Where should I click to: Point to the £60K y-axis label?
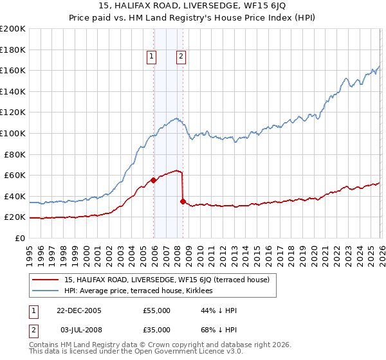[14, 175]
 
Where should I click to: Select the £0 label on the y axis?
[21, 238]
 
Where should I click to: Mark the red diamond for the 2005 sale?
[153, 180]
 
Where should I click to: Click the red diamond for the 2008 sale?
[183, 201]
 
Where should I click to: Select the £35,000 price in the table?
[157, 331]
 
